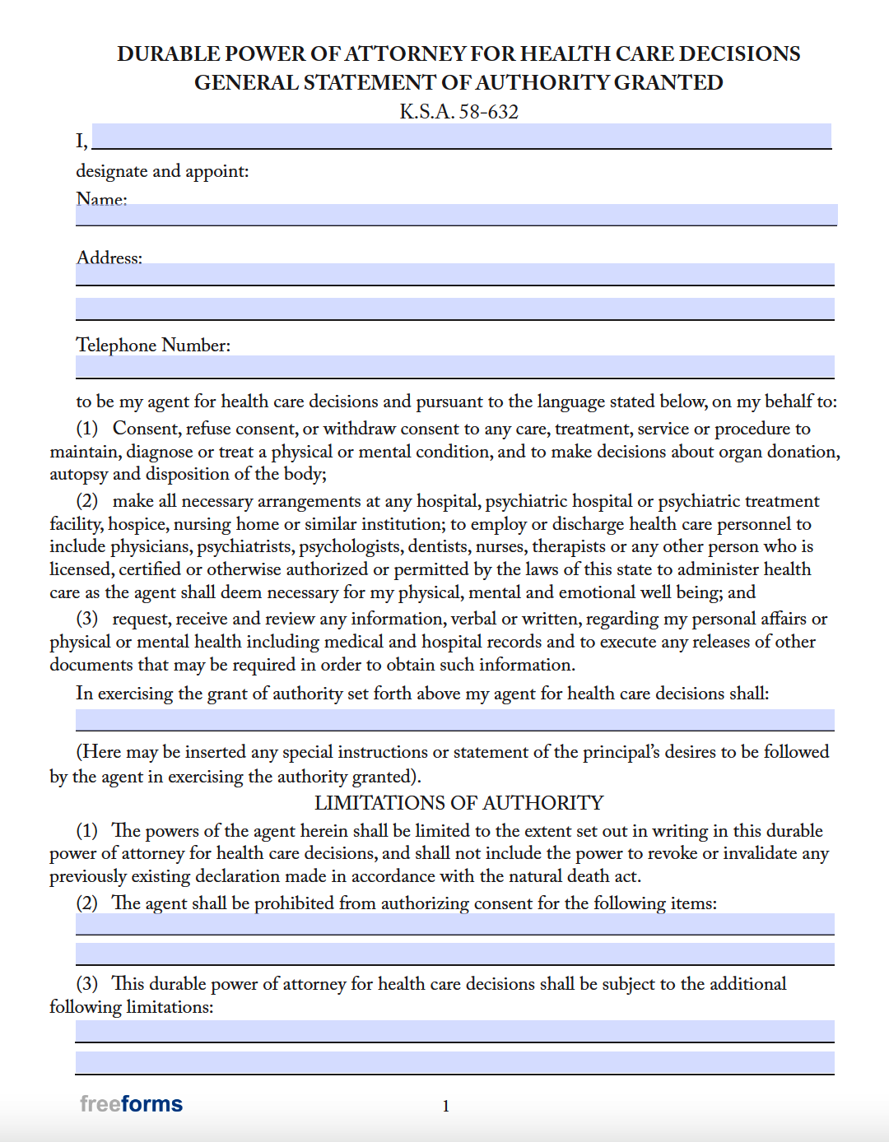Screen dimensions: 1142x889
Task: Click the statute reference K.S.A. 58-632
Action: (458, 112)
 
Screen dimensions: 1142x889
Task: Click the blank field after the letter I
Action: (461, 136)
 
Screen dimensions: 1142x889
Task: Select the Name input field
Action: (456, 214)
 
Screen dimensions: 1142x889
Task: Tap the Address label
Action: (109, 258)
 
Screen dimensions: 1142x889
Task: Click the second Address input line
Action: (454, 309)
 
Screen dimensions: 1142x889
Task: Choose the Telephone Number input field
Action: (454, 366)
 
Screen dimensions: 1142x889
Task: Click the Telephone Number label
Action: (153, 345)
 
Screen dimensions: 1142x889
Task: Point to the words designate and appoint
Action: (162, 171)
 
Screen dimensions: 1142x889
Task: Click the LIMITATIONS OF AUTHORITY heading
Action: (458, 803)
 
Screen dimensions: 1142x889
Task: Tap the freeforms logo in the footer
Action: (131, 1104)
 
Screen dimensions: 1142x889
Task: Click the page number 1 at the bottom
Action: (445, 1107)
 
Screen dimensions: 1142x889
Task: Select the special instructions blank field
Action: (454, 720)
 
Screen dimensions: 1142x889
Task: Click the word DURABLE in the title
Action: (168, 54)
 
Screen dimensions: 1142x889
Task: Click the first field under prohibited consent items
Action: (454, 924)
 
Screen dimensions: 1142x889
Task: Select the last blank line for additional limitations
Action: (454, 1062)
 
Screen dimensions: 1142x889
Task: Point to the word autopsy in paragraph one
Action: (78, 475)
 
